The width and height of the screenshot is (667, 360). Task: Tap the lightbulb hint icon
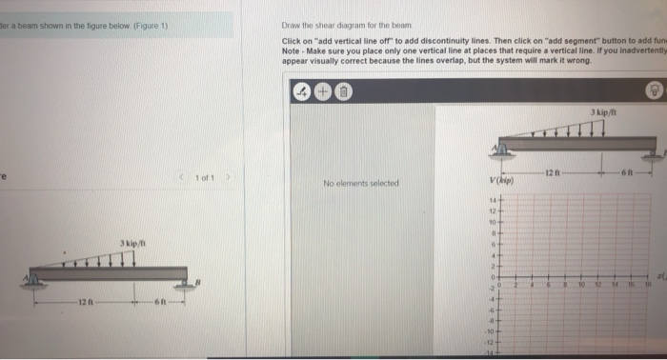[655, 91]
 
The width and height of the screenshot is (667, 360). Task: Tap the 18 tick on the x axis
[648, 283]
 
